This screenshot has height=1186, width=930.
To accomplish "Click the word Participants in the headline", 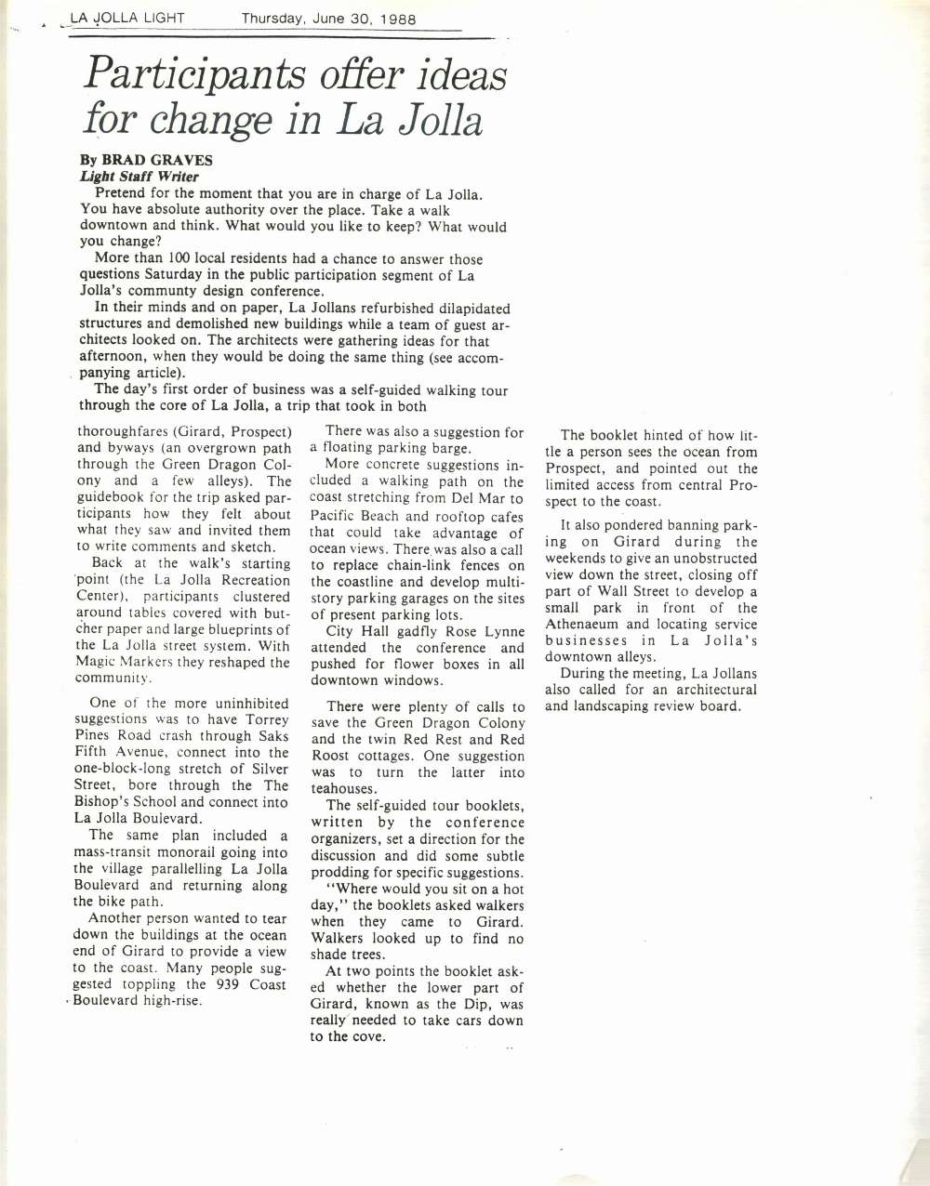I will [x=194, y=75].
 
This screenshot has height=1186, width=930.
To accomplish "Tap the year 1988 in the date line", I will [x=397, y=19].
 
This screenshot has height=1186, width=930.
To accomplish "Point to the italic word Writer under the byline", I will [x=178, y=177].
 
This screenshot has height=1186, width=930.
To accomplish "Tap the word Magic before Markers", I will [x=96, y=662].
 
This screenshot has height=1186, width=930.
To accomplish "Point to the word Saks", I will [x=273, y=735].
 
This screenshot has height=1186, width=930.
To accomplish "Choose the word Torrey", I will [x=268, y=718].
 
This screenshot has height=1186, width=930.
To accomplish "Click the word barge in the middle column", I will [x=451, y=448].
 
